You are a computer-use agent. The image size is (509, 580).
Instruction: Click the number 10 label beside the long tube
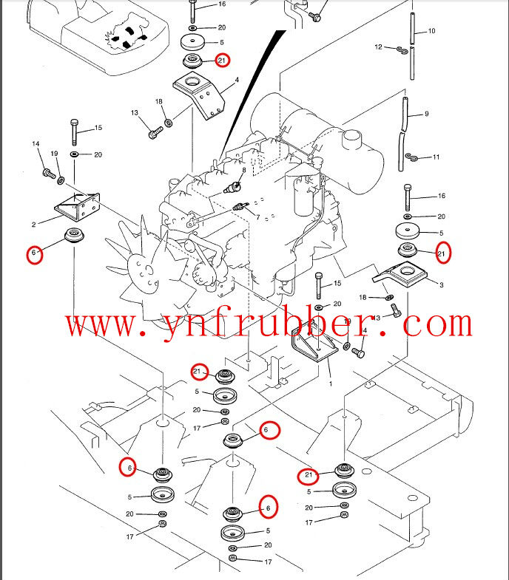point(431,31)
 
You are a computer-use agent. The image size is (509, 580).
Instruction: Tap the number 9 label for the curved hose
point(427,114)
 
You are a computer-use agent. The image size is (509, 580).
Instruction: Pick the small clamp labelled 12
point(402,50)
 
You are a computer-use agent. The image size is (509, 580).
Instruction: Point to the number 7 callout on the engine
point(257,218)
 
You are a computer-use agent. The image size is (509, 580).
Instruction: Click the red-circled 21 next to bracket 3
point(442,253)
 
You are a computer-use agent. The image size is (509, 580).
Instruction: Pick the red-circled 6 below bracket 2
point(33,255)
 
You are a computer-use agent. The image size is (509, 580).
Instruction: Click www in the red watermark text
point(97,324)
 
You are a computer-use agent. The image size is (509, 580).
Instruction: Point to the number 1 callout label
point(330,385)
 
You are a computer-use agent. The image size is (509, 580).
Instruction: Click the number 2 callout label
point(34,223)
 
